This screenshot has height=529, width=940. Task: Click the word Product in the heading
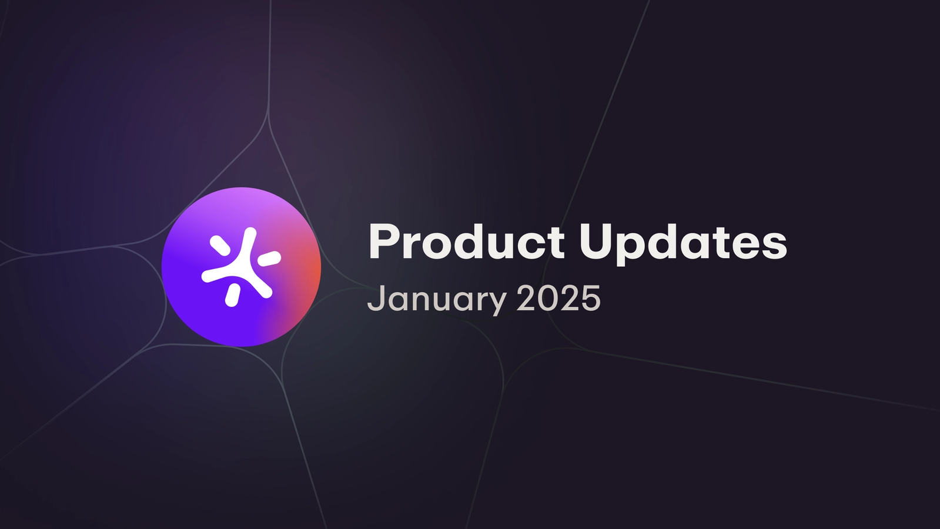pos(466,242)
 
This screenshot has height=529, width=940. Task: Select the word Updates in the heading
pos(683,242)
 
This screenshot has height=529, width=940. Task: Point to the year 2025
pos(558,299)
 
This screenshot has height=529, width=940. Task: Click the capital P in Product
pos(384,242)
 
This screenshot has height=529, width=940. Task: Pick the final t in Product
pos(556,242)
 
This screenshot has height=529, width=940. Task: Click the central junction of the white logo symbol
pos(243,267)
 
